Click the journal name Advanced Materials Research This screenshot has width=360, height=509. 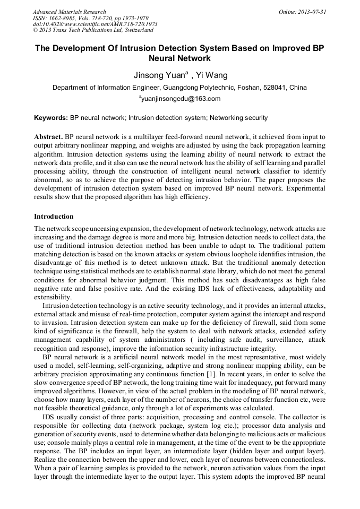coord(69,12)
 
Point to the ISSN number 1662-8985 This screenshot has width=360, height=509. coord(63,18)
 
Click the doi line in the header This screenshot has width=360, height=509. coord(95,24)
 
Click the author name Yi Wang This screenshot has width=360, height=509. coord(210,75)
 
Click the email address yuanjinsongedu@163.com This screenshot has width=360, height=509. coord(181,99)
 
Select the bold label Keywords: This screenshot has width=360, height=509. coord(51,118)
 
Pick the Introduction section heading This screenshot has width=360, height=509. coord(54,217)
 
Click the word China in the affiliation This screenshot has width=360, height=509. coord(298,88)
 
